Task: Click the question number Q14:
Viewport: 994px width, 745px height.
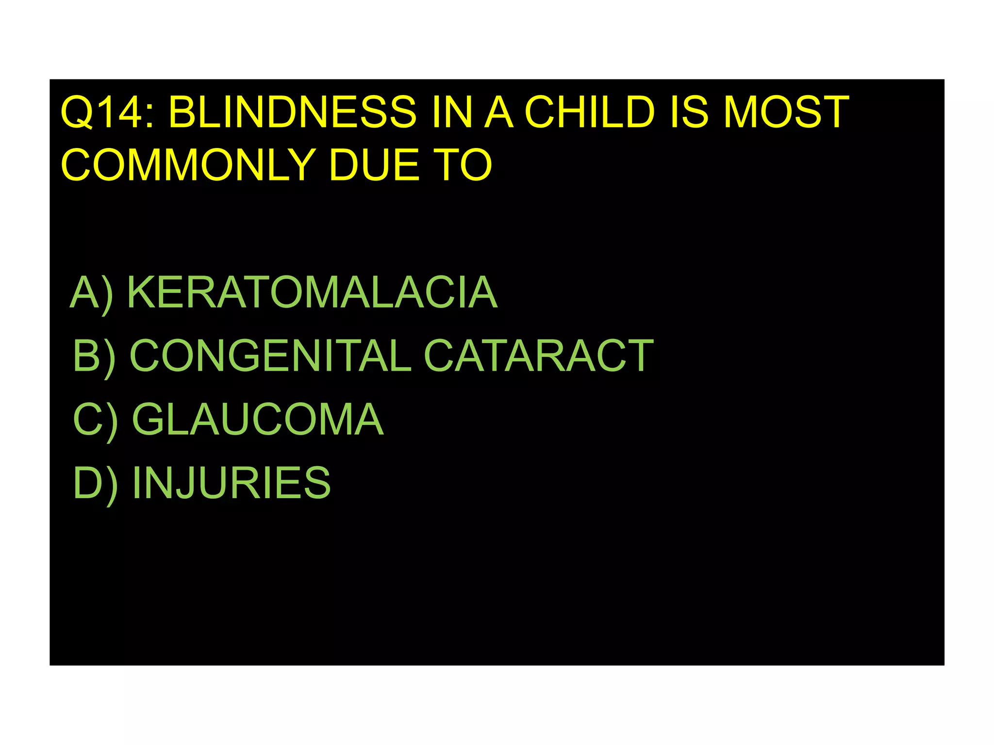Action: (x=108, y=113)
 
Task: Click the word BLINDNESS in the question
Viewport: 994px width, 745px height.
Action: (x=292, y=113)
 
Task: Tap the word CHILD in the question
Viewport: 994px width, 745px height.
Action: (x=590, y=113)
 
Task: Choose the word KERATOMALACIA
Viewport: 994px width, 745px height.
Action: (x=312, y=292)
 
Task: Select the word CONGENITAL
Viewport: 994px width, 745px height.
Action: (x=270, y=356)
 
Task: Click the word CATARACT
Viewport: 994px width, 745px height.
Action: (x=539, y=356)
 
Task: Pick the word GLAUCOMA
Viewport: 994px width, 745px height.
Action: (x=258, y=419)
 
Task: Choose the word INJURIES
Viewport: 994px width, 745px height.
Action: (x=232, y=483)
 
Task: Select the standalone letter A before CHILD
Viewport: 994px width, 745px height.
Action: (x=499, y=113)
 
